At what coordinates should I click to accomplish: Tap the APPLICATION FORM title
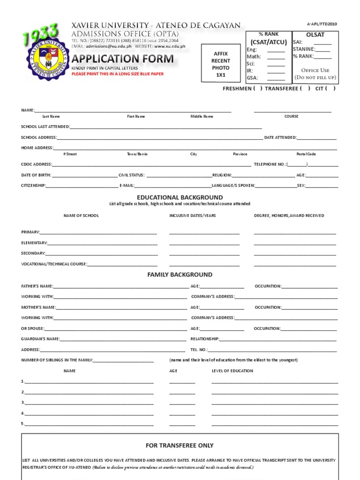[122, 59]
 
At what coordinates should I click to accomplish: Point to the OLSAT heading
[315, 35]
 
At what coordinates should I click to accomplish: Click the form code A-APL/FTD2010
[322, 24]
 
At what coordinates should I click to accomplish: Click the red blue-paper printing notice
[117, 74]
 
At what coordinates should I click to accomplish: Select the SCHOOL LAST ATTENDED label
[45, 127]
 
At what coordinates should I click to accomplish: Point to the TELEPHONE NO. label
[270, 165]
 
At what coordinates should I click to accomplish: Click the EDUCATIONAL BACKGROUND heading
[180, 197]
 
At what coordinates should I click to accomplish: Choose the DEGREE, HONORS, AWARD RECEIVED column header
[289, 216]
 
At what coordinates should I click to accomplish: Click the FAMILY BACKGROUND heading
[180, 275]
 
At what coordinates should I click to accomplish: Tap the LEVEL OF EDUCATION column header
[232, 371]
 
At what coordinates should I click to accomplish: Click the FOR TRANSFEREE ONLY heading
[180, 445]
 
